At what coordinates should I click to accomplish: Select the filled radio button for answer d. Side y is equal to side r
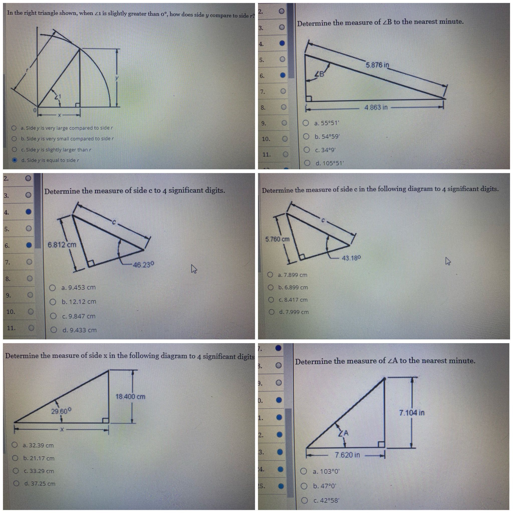tap(15, 160)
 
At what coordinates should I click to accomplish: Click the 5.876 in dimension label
tap(377, 65)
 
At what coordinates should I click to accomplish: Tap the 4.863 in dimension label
tap(376, 107)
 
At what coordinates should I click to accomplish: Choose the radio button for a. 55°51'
tap(306, 123)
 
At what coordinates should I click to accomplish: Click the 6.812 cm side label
tap(62, 244)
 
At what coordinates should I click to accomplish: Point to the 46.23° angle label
tap(144, 265)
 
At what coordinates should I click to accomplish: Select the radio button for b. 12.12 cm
tap(53, 302)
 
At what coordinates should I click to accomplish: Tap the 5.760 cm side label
tap(278, 239)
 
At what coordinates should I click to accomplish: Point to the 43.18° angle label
tap(351, 258)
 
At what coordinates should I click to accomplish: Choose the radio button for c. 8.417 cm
tap(271, 300)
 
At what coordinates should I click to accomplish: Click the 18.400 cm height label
tap(130, 397)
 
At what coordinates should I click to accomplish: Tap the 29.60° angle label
tap(61, 411)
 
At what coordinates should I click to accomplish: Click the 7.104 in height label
tap(412, 413)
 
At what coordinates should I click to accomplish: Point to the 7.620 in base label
tap(348, 455)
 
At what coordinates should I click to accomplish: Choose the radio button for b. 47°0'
tap(304, 486)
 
